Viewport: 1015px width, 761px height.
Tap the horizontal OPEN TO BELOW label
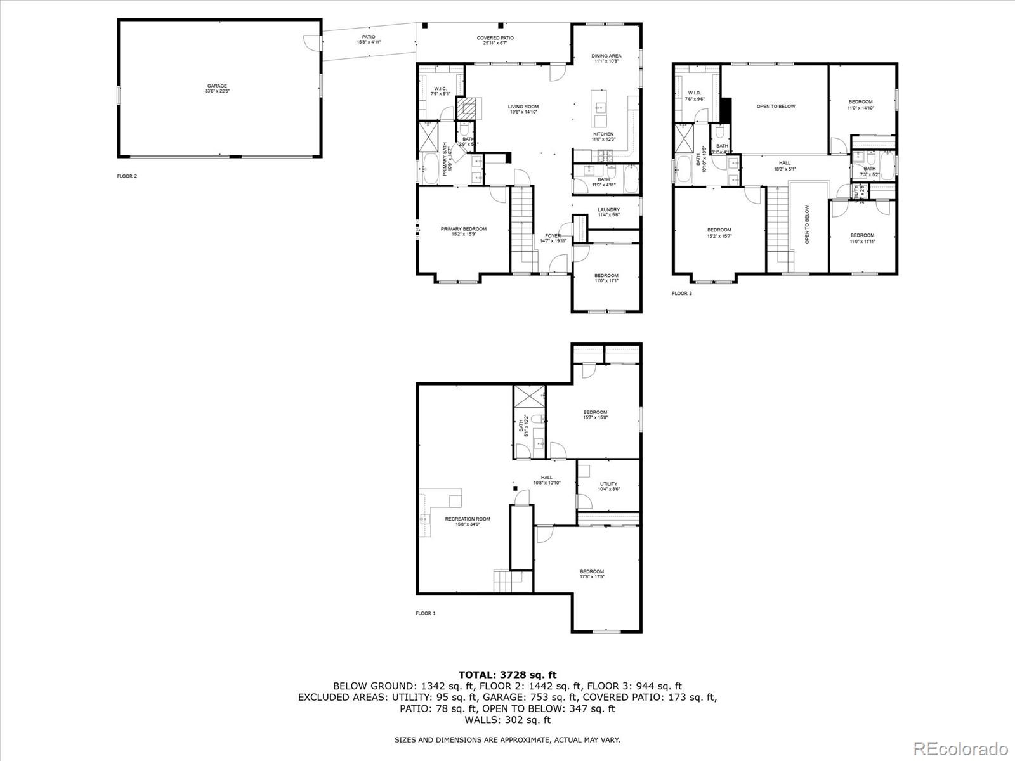tap(775, 107)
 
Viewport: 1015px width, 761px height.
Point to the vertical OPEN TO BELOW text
tap(807, 224)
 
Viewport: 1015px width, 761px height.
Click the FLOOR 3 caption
tap(682, 293)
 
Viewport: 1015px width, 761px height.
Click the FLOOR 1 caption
tap(426, 613)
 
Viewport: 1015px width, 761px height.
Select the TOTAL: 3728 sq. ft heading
tap(507, 675)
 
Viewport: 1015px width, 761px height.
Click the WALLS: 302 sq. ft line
tap(507, 720)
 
